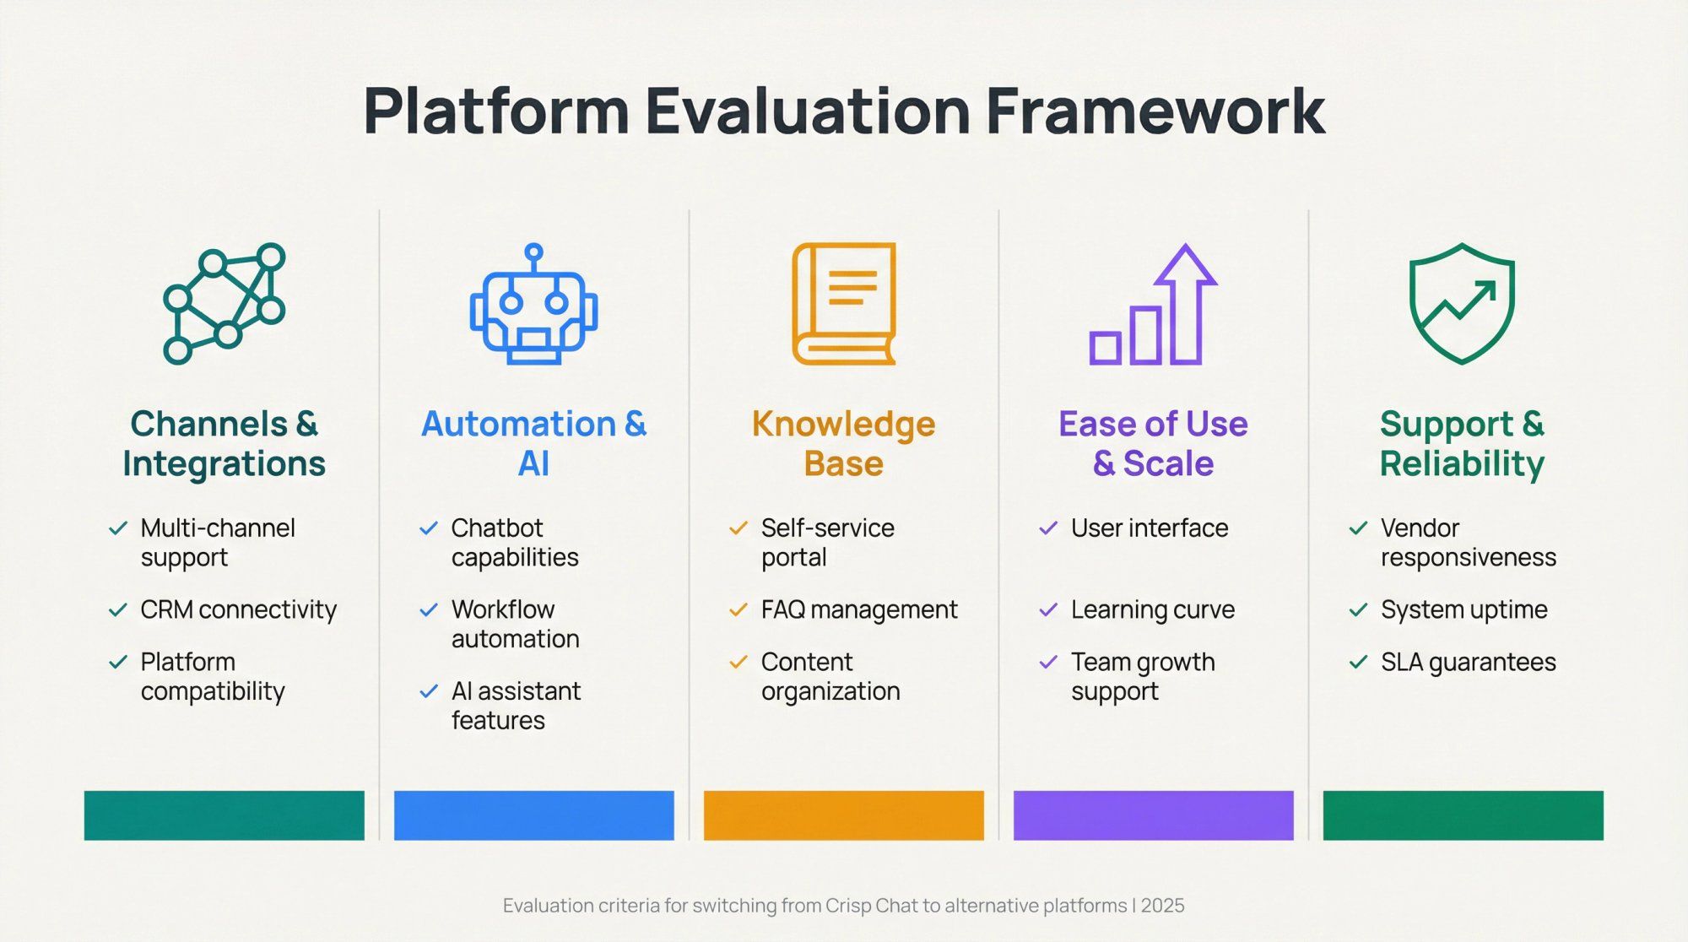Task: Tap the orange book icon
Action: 843,304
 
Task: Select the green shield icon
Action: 1462,304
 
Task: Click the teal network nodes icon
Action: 224,304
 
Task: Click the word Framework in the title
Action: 1155,111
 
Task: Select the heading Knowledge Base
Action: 843,443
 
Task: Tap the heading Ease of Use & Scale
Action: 1153,443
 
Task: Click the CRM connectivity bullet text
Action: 238,609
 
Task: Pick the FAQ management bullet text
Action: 858,609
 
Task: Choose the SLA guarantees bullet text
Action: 1468,662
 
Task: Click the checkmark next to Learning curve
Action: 1048,609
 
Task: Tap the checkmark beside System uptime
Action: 1358,609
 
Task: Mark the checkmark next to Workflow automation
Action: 429,609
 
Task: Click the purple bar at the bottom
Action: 1153,815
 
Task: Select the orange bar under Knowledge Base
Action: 843,815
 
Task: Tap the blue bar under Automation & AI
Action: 533,815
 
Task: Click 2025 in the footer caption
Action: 1162,906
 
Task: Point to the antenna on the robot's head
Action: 533,253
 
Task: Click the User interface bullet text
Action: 1149,528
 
